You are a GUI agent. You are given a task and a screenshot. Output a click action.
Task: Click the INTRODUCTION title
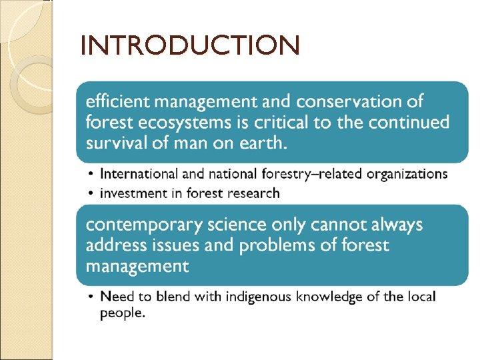[190, 46]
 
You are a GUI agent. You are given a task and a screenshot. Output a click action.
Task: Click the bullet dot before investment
[91, 193]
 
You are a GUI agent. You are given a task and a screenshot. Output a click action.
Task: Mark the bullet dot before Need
[91, 296]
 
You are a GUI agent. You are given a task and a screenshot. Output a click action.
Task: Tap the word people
[122, 313]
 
